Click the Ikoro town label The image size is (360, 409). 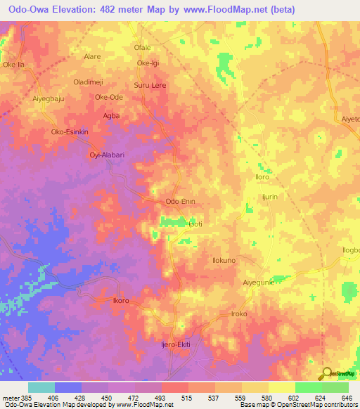(x=122, y=300)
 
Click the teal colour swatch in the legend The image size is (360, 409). (x=41, y=387)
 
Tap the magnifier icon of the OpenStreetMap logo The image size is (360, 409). (x=327, y=373)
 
